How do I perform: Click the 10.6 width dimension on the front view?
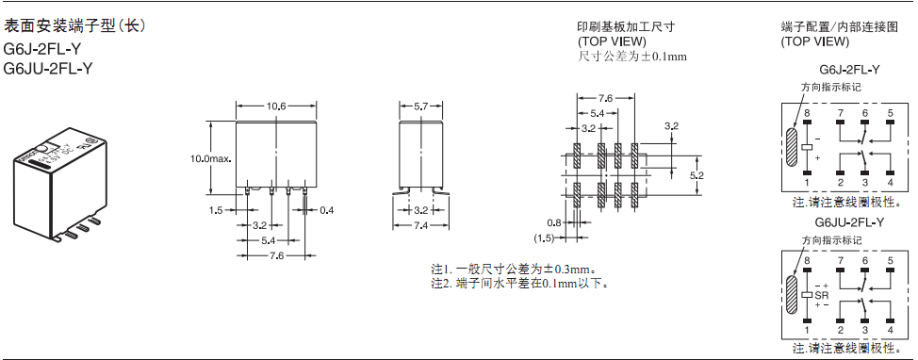coord(276,106)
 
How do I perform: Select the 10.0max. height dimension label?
coord(208,158)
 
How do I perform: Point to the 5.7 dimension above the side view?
coord(420,106)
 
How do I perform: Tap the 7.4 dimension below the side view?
coord(420,225)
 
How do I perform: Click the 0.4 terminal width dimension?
coord(327,209)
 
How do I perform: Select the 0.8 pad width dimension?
coord(554,222)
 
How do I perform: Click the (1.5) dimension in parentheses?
coord(544,238)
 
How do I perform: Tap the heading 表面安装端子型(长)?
coord(74,25)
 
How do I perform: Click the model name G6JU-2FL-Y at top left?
coord(48,69)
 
